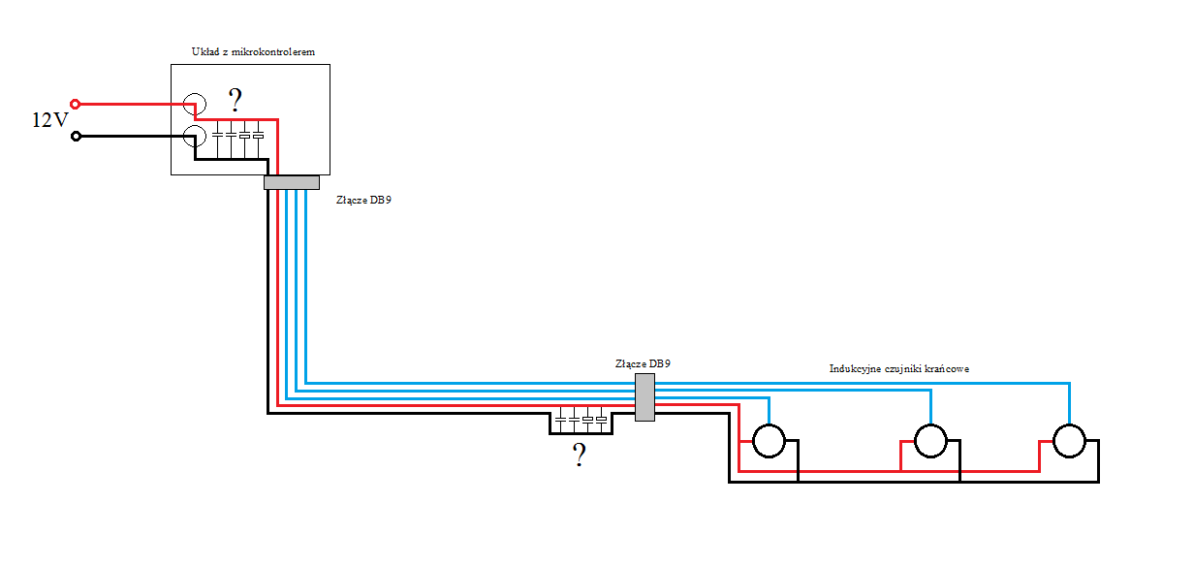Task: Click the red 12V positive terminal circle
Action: coord(76,104)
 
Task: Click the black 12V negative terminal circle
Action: coord(76,137)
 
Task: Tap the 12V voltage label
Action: coord(50,120)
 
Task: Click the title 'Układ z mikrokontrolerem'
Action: coord(253,51)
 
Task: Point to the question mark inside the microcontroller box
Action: coord(236,100)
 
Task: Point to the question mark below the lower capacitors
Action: coord(579,456)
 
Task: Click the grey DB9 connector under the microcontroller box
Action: coord(292,183)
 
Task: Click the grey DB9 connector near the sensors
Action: coord(645,397)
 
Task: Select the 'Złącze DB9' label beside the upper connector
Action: coord(363,200)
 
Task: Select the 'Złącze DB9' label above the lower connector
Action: coord(643,363)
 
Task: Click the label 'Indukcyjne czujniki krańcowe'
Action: coord(899,368)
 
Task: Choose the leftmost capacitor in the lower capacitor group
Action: coord(560,420)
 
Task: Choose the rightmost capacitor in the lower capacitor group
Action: coord(601,420)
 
